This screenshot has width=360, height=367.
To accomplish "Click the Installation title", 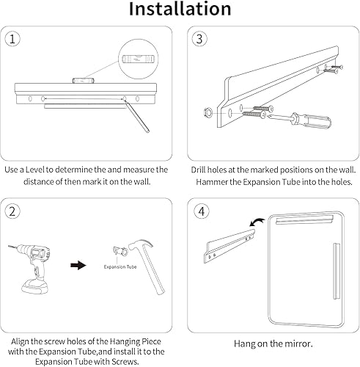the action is (180, 9).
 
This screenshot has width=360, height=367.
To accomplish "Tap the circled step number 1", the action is (12, 39).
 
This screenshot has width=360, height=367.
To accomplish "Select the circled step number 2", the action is (12, 211).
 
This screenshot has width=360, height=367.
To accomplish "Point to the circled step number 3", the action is (199, 39).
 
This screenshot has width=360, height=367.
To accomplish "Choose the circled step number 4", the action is (202, 211).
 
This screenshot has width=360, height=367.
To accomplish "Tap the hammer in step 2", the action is (147, 266).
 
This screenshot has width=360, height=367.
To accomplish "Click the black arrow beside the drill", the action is (78, 265).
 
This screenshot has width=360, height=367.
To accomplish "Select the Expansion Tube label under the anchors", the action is (120, 266).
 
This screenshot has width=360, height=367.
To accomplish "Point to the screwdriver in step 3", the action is (300, 120).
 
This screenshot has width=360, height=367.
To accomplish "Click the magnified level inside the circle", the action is (139, 59).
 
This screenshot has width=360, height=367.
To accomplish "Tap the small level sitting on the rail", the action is (83, 81).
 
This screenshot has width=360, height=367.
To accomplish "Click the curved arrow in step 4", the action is (257, 221).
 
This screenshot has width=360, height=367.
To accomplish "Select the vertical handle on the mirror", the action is (337, 271).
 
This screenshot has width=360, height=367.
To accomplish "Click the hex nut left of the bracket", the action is (208, 112).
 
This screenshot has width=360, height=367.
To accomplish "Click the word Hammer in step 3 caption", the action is (211, 182).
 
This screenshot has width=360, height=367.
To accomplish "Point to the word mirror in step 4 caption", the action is (299, 344).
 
